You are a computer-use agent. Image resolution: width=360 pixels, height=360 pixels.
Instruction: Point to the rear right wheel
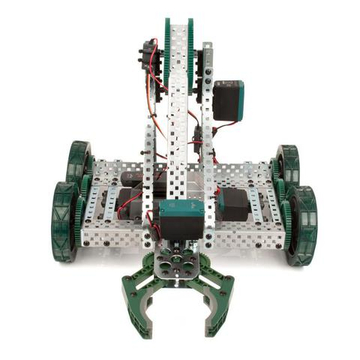(x=289, y=165)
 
